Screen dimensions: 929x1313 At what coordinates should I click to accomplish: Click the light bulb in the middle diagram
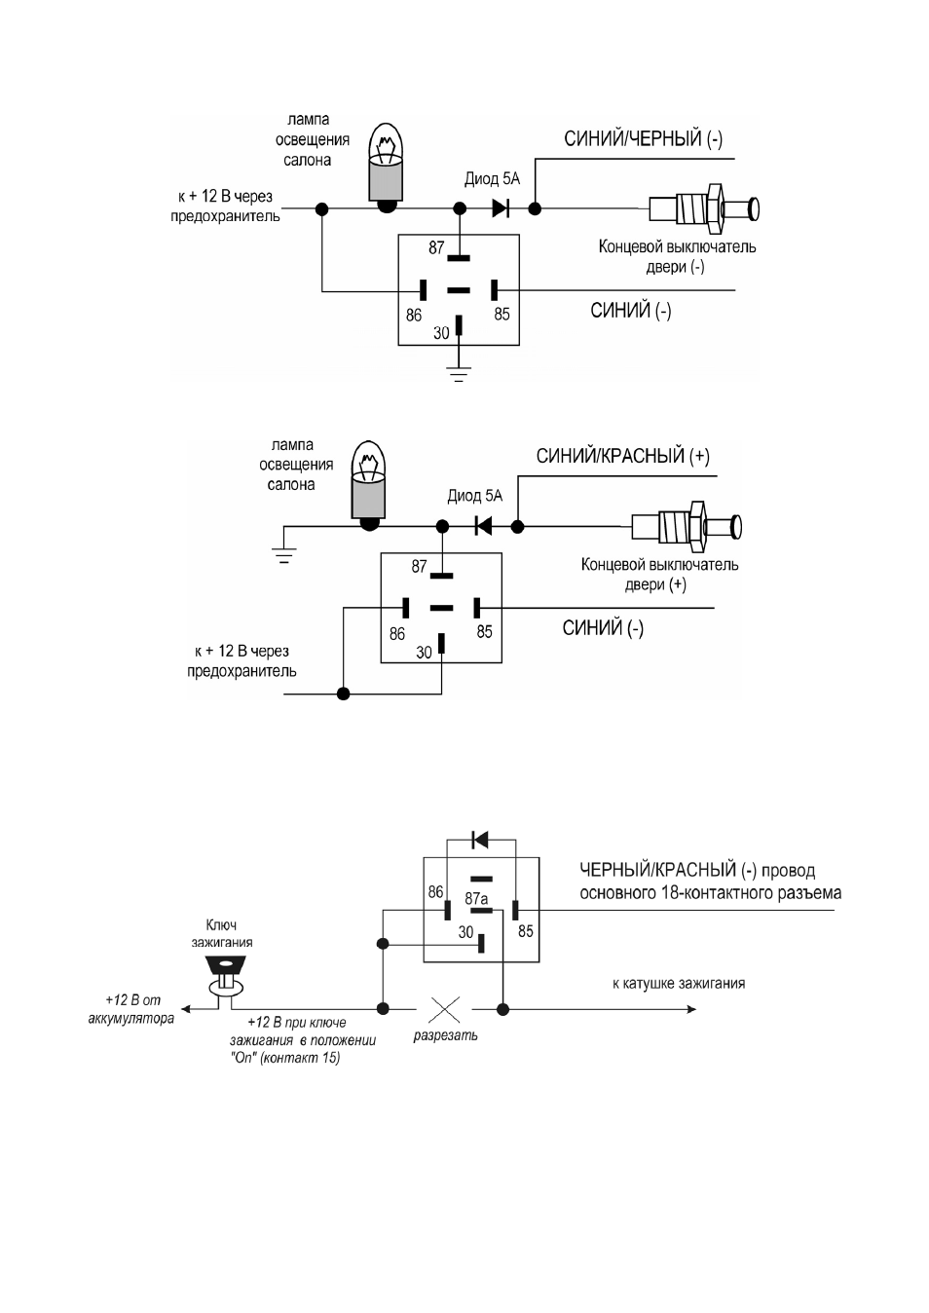369,486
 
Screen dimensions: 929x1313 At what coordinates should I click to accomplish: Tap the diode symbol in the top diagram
500,208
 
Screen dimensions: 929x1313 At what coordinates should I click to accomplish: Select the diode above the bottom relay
480,840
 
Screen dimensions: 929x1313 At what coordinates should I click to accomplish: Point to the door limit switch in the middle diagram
687,526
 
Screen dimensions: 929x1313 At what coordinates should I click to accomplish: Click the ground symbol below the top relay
459,375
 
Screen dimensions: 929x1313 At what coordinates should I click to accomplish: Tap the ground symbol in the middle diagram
283,555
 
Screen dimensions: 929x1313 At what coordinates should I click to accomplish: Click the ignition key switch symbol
226,975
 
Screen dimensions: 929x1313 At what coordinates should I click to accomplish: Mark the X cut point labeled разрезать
445,1009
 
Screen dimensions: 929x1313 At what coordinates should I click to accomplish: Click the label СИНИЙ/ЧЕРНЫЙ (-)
643,139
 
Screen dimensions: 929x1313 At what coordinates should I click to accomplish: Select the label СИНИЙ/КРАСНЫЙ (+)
622,457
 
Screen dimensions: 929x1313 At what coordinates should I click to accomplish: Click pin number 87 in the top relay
436,248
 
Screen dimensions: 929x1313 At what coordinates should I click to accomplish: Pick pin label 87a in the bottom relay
476,899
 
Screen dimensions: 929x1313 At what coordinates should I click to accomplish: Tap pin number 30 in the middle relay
424,653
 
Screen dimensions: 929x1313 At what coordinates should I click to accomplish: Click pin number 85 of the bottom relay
526,931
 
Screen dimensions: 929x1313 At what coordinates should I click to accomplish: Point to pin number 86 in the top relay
414,316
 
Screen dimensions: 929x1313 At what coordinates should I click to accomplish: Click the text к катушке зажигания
679,983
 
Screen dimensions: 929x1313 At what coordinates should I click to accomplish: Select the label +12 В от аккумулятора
131,1009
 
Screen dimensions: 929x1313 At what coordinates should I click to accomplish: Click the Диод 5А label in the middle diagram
475,496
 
